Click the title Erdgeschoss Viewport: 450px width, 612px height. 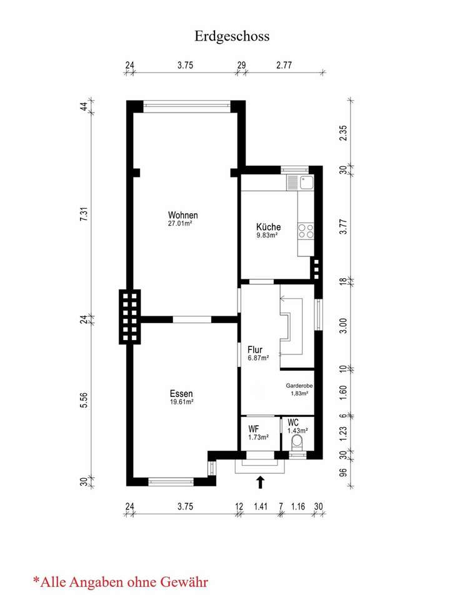pos(232,36)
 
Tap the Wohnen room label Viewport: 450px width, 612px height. pos(182,215)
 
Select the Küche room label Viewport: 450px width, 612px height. pos(268,227)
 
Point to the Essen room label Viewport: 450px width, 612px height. pos(181,393)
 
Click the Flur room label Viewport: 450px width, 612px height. pos(254,349)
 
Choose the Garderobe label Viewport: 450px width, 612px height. pos(299,386)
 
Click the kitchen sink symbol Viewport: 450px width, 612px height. pos(306,183)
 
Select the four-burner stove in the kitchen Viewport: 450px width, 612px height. pos(306,232)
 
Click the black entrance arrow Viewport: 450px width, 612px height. pos(261,481)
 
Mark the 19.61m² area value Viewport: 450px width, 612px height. pos(181,402)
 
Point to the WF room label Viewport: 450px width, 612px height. pos(254,429)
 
